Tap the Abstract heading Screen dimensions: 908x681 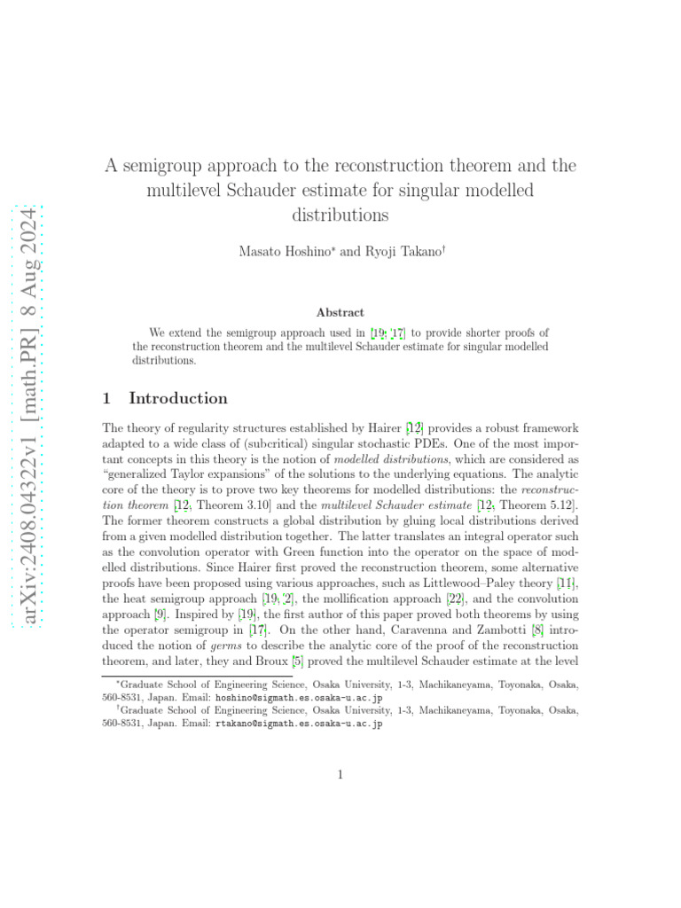(340, 312)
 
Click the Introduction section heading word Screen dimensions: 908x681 (178, 398)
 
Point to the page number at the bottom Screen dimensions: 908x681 (340, 775)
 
